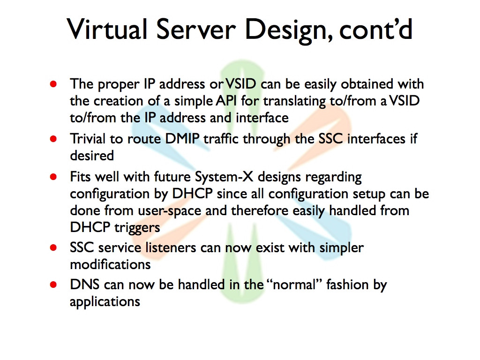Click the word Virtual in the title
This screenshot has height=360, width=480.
[x=107, y=29]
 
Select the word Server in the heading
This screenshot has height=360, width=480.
[x=196, y=29]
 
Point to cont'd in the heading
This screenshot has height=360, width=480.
[x=376, y=29]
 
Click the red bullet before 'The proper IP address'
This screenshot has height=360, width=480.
[x=53, y=84]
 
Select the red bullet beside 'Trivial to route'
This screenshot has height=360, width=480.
[x=53, y=139]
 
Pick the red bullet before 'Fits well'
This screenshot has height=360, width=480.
[x=53, y=177]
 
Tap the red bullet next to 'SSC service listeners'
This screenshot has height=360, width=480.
[x=53, y=247]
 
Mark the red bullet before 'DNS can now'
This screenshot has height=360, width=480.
[x=53, y=285]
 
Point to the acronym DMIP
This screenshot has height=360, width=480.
[x=182, y=139]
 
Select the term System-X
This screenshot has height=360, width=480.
[x=224, y=177]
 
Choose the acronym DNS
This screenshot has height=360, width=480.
[x=85, y=285]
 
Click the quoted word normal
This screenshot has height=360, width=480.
[x=294, y=285]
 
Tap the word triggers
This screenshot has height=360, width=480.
[x=137, y=228]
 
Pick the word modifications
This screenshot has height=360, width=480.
[x=111, y=264]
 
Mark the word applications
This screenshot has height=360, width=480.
[x=105, y=302]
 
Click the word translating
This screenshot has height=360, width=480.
[x=294, y=101]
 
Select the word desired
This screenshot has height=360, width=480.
[x=92, y=156]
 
